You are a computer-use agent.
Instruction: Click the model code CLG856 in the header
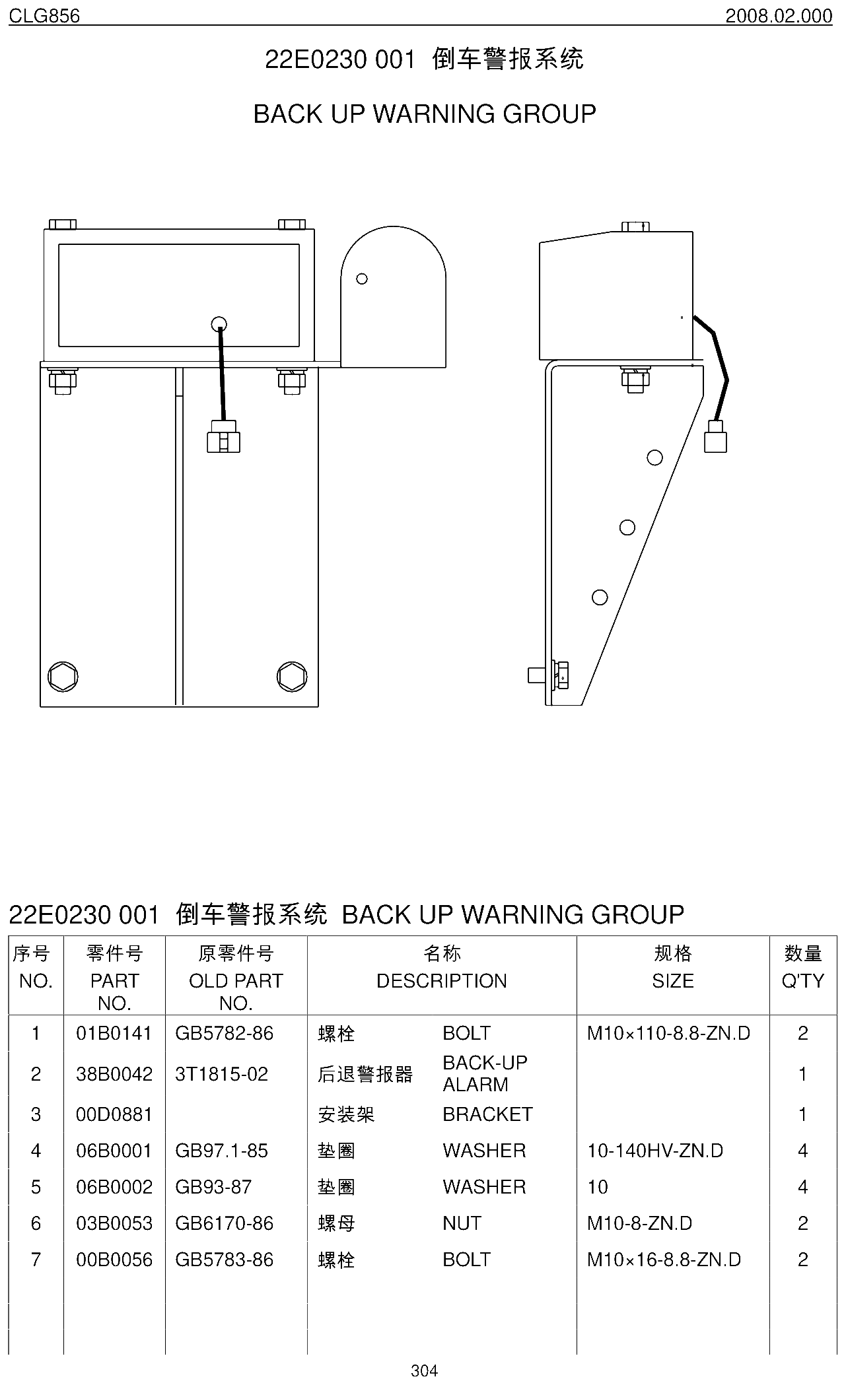pos(44,15)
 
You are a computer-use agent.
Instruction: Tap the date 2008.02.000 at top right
pos(779,15)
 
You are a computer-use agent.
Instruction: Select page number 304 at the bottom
pos(424,1370)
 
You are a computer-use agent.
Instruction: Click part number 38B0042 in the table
pos(114,1074)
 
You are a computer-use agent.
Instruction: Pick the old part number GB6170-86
pos(224,1223)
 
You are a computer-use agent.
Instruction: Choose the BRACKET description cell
pos(487,1114)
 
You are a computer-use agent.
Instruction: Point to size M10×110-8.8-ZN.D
pos(668,1033)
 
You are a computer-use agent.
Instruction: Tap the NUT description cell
pos(462,1223)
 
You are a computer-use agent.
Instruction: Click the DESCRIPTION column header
pos(442,981)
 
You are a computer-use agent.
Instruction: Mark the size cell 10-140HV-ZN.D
pos(655,1151)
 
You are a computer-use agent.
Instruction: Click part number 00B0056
pos(114,1260)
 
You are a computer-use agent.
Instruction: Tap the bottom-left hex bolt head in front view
pos(63,677)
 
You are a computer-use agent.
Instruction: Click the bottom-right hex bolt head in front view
pos(292,677)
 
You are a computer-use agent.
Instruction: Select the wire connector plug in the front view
pos(223,436)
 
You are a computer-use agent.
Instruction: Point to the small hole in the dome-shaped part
pos(362,279)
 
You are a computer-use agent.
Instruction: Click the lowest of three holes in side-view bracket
pos(600,597)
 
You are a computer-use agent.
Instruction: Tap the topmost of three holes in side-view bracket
pos(655,457)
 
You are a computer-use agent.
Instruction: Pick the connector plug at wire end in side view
pos(715,436)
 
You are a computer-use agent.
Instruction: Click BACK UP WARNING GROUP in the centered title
pos(425,114)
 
